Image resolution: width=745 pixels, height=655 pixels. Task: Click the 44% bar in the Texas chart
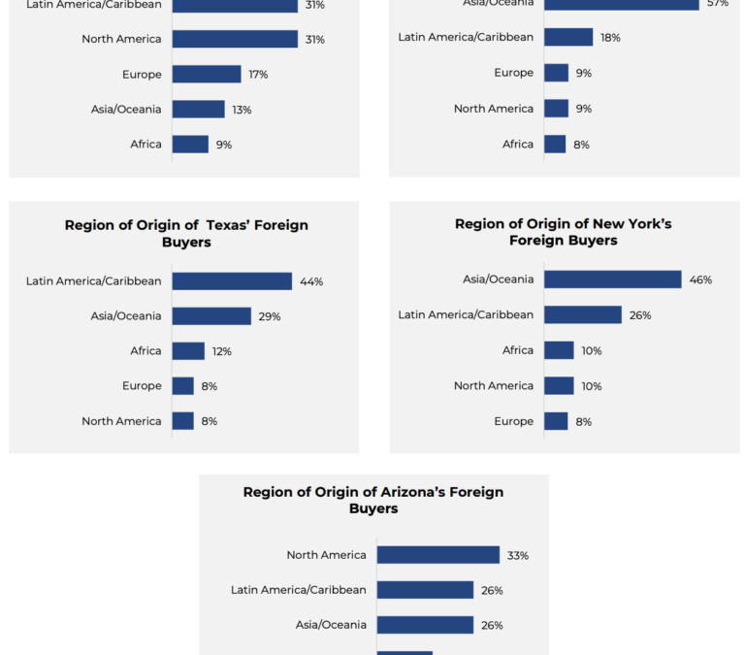232,281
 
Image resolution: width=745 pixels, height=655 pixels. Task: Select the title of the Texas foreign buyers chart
186,233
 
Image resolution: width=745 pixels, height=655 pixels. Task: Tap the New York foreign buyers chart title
564,232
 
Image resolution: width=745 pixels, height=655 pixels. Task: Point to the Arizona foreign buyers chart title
373,500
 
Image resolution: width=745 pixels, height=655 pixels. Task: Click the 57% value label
717,4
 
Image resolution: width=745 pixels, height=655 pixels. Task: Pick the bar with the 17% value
207,75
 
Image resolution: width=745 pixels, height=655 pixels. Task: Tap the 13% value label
242,110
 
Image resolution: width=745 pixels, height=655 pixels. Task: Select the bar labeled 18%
568,38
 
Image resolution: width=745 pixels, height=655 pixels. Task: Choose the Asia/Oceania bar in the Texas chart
211,316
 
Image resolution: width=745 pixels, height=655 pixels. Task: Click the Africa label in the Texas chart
146,351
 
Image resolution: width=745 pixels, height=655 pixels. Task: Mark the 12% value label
222,351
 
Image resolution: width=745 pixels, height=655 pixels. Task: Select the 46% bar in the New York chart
613,279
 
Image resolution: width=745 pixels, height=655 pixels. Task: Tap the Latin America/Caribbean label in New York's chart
466,315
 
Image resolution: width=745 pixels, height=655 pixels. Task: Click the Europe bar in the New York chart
556,421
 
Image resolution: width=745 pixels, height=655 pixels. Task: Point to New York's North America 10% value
592,386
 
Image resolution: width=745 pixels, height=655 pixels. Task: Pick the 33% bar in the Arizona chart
438,555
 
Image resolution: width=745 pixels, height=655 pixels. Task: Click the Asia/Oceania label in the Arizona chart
331,626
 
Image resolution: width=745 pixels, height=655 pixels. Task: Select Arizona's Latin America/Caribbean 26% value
492,591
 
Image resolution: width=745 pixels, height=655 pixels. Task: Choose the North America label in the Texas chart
121,421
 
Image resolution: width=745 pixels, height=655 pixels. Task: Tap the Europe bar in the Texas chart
183,386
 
